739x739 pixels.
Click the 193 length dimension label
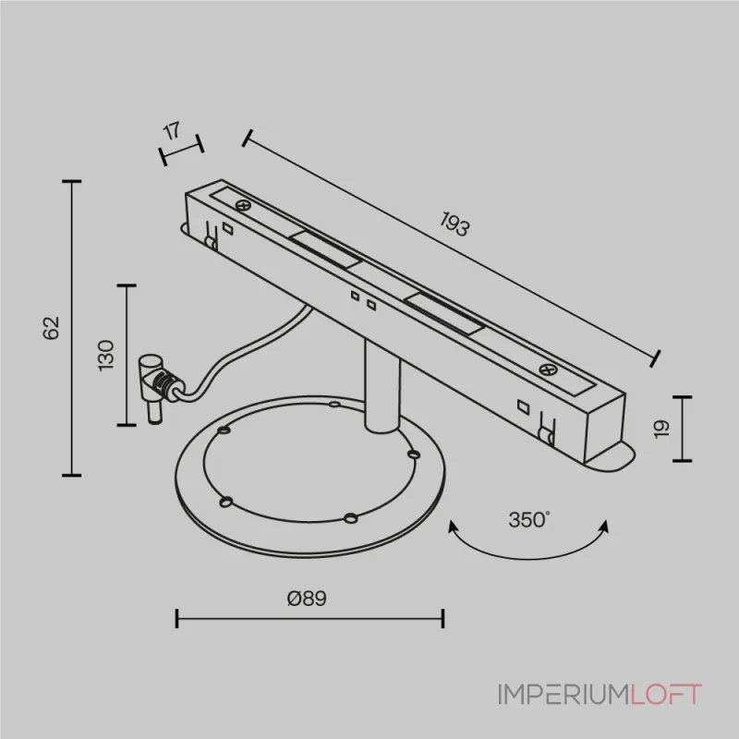454,224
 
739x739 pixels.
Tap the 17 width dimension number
172,130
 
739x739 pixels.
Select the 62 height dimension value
52,328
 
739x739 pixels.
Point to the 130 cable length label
106,356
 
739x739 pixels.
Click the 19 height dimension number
662,429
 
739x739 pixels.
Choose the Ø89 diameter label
307,598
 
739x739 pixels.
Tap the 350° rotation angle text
529,519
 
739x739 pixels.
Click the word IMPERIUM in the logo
563,695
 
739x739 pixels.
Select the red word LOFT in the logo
666,695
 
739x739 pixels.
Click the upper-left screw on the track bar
243,205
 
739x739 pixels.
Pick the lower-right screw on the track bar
548,369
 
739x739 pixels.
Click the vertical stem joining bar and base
382,384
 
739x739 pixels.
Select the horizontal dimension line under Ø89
309,618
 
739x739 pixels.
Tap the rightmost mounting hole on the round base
414,454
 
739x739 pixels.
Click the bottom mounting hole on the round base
350,518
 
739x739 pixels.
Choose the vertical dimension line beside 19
682,429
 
